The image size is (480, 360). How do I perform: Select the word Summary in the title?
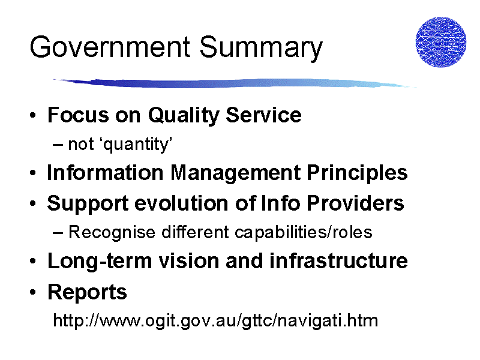pos(261,49)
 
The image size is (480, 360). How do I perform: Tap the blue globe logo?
pos(441,42)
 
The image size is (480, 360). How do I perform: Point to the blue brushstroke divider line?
pos(235,83)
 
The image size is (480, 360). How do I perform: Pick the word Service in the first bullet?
pos(263,115)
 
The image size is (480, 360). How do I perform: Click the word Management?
pos(235,173)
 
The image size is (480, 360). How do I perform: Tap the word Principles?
pos(357,173)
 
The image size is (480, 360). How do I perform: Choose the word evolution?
pos(181,203)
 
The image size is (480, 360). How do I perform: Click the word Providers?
pos(355,203)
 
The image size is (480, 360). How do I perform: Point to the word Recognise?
pos(112,233)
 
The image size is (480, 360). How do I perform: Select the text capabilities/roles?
pos(304,233)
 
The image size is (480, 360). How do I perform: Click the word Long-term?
pos(100,262)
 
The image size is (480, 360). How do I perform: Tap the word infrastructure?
pos(338,261)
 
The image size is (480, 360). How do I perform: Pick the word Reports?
pos(87,292)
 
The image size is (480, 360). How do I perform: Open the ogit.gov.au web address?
pos(215,321)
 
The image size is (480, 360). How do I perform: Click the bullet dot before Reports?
pos(33,292)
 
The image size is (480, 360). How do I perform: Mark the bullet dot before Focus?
pos(33,115)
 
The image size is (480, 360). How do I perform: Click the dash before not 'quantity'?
pos(58,145)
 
